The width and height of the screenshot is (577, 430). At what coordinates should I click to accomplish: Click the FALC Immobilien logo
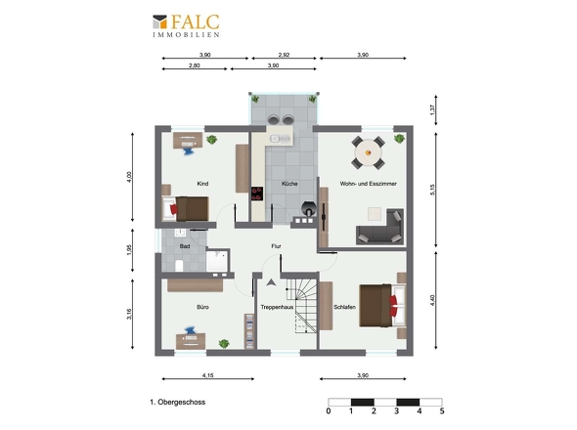click(x=186, y=25)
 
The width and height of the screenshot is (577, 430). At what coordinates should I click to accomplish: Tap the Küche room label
click(x=289, y=184)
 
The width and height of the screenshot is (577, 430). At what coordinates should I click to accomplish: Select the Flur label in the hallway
click(x=276, y=246)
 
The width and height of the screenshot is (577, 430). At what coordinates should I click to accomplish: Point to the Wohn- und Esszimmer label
click(x=368, y=184)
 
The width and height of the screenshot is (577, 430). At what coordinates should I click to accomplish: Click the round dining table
click(x=368, y=152)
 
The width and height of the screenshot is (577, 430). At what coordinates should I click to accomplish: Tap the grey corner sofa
click(x=379, y=227)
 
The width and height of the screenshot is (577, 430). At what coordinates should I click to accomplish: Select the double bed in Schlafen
click(x=382, y=305)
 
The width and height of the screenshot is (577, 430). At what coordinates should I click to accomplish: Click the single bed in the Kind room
click(x=186, y=209)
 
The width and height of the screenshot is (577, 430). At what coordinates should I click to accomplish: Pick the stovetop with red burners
click(x=257, y=193)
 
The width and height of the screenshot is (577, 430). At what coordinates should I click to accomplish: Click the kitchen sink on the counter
click(x=280, y=139)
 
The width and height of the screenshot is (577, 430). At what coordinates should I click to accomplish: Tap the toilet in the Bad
click(x=179, y=265)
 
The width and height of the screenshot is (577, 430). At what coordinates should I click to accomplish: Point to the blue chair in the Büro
click(x=191, y=330)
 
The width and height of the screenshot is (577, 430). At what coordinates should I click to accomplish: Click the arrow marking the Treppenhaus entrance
click(x=271, y=282)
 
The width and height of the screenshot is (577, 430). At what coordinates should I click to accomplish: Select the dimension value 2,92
click(x=284, y=55)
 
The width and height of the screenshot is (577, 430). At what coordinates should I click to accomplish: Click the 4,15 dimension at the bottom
click(x=208, y=375)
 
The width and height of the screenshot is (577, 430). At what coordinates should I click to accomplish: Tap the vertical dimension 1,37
click(x=432, y=110)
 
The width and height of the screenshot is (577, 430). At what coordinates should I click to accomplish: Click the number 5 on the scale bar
click(x=442, y=410)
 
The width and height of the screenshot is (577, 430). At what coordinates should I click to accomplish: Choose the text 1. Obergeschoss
click(x=177, y=402)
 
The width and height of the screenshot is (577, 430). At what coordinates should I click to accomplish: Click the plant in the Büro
click(x=224, y=344)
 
